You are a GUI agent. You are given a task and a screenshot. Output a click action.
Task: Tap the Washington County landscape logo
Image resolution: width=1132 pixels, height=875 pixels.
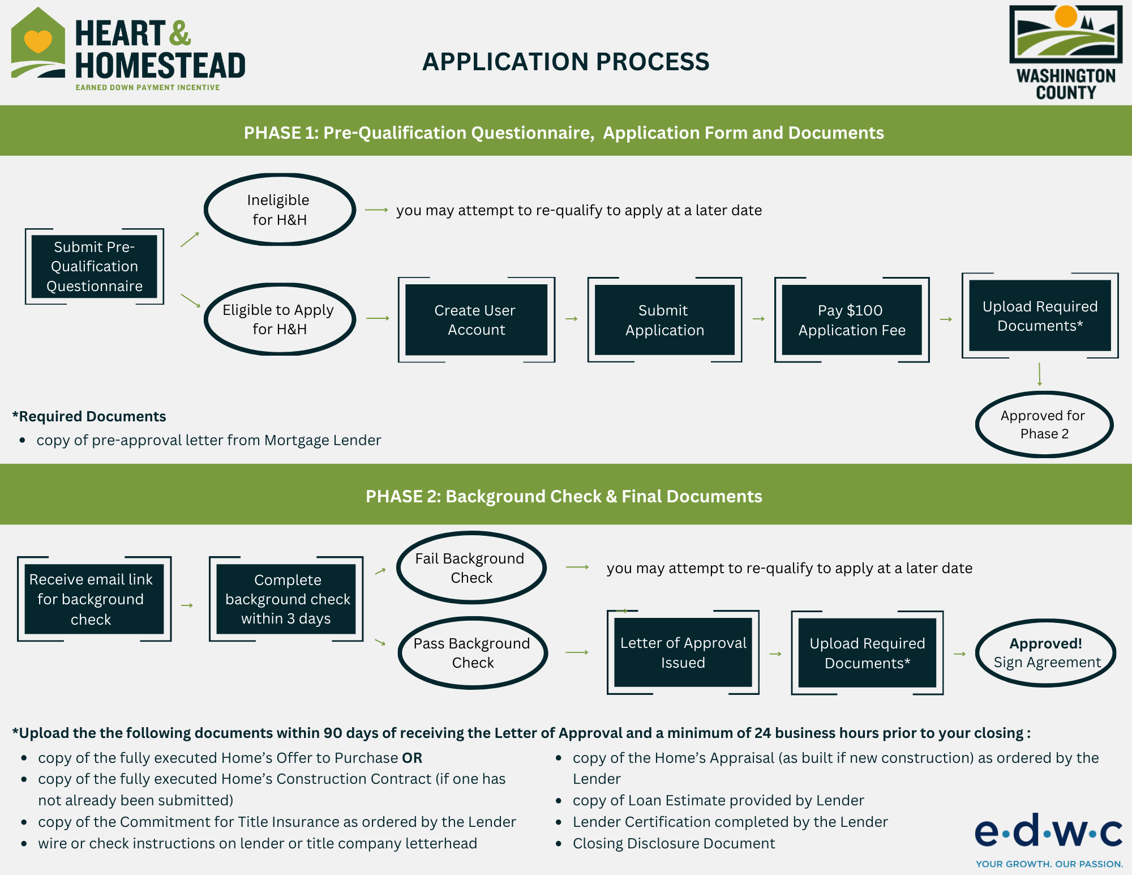pos(1066,35)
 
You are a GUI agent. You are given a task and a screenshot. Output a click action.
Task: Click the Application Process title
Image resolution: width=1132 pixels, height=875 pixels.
pos(565,62)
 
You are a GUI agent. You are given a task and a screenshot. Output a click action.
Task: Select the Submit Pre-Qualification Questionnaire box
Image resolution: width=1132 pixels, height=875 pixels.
pos(95,266)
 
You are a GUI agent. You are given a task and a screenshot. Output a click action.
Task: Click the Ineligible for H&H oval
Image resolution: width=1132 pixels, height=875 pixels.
pos(280,210)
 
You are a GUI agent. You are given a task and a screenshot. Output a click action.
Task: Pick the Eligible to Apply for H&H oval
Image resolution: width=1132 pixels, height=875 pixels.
pos(280,319)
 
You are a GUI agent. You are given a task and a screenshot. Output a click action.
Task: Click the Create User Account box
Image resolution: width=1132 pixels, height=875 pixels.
pos(476,320)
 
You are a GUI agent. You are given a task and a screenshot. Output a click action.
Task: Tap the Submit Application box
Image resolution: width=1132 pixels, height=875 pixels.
pos(664,320)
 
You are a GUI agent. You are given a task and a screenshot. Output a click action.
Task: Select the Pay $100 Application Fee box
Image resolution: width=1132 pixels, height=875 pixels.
pos(852,320)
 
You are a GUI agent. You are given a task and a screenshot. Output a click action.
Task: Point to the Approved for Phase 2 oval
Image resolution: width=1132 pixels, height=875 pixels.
pos(1044,424)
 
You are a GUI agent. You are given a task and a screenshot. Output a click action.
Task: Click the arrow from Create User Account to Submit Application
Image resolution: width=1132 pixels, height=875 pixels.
pos(572,319)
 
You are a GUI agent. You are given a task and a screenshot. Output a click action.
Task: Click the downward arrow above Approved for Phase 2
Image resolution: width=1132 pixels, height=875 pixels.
pos(1040,374)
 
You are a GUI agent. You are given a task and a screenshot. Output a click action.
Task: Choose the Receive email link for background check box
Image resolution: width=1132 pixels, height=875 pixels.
pos(94,599)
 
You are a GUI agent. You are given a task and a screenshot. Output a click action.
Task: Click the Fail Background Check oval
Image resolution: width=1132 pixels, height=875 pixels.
pos(471,567)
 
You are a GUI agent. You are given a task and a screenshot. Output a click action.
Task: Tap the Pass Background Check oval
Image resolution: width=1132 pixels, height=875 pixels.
pos(473,653)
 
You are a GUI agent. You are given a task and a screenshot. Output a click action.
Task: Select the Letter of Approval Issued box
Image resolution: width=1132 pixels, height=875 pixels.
pos(683,652)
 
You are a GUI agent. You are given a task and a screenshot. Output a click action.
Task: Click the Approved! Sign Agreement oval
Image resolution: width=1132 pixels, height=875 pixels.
pos(1046,653)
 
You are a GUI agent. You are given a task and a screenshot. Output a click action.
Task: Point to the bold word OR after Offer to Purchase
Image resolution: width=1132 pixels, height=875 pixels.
pos(412,758)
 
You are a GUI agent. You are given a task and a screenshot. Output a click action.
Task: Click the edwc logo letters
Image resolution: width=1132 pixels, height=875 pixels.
pos(1049,830)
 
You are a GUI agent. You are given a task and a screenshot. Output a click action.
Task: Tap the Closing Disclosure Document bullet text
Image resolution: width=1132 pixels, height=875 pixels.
pos(674,843)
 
